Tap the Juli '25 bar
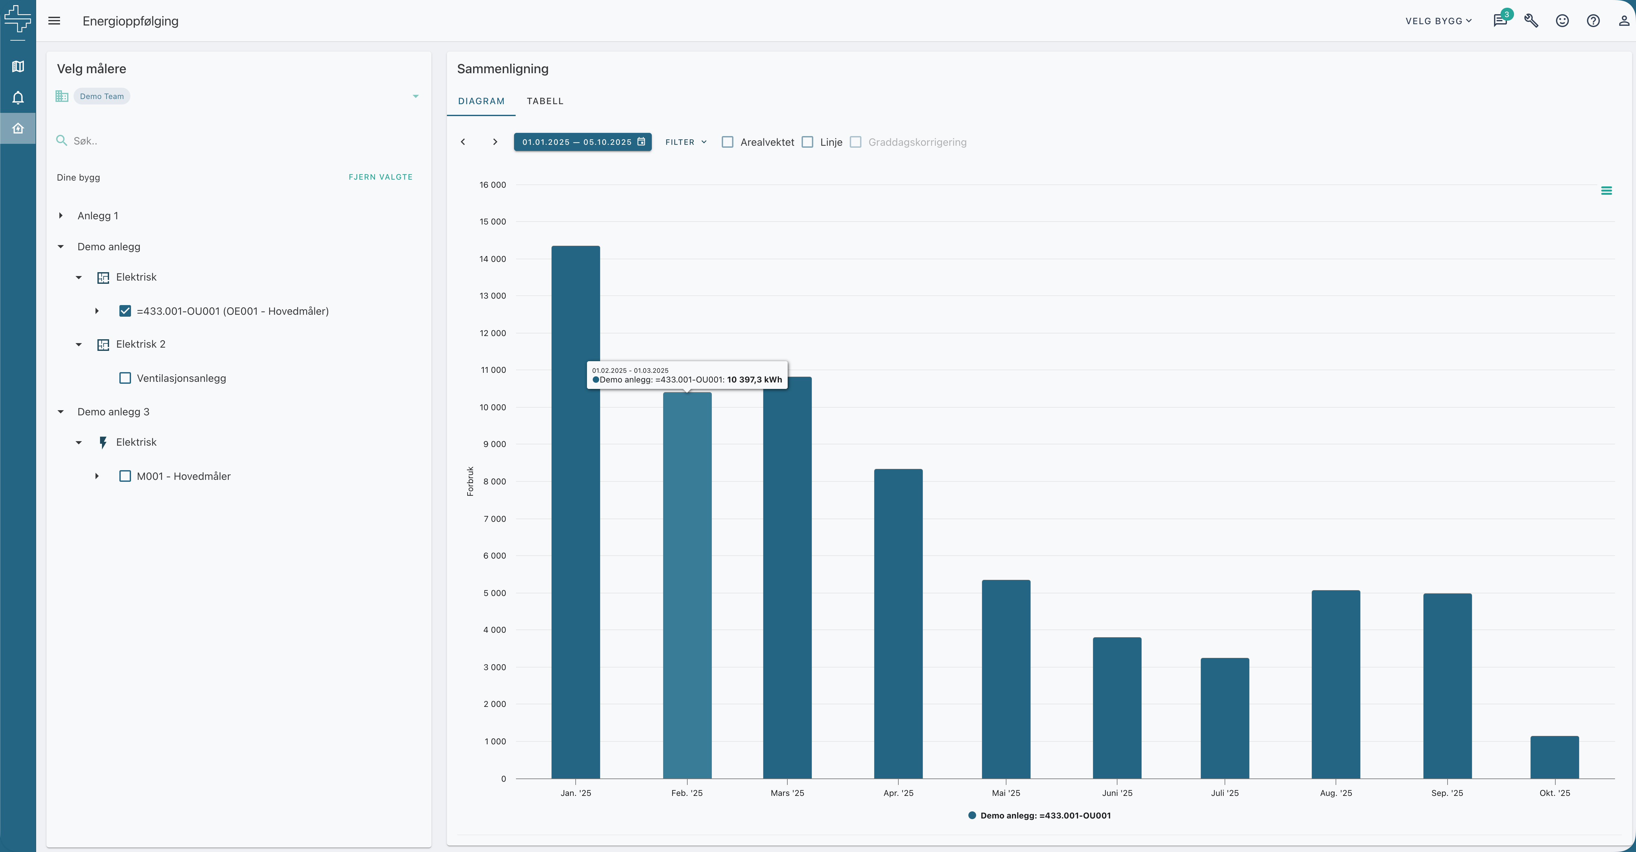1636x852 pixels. (1225, 718)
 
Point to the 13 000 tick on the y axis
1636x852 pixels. (493, 296)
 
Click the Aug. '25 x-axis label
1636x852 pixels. (1336, 793)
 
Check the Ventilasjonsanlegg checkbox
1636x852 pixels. (125, 378)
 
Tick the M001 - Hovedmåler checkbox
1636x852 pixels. (125, 476)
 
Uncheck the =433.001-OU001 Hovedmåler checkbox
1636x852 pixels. (125, 311)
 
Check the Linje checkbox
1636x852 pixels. (807, 142)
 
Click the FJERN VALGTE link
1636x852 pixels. (380, 177)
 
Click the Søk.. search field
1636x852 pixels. (241, 141)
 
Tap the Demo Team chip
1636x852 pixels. (102, 96)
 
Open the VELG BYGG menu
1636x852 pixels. (1439, 21)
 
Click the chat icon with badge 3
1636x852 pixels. (1500, 20)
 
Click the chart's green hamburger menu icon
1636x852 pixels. (1606, 191)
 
